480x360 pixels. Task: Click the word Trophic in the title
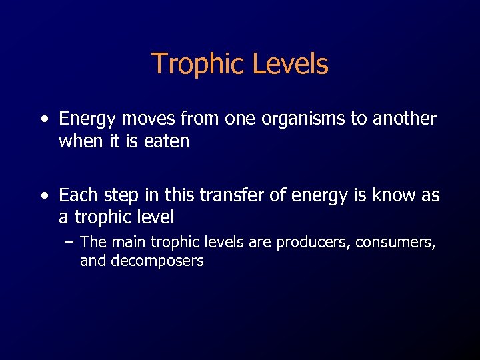coord(194,65)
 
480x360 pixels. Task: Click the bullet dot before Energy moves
coord(44,120)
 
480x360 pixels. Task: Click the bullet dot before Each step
coord(44,196)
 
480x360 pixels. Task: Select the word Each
coord(76,195)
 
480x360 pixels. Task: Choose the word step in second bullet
coord(113,196)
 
